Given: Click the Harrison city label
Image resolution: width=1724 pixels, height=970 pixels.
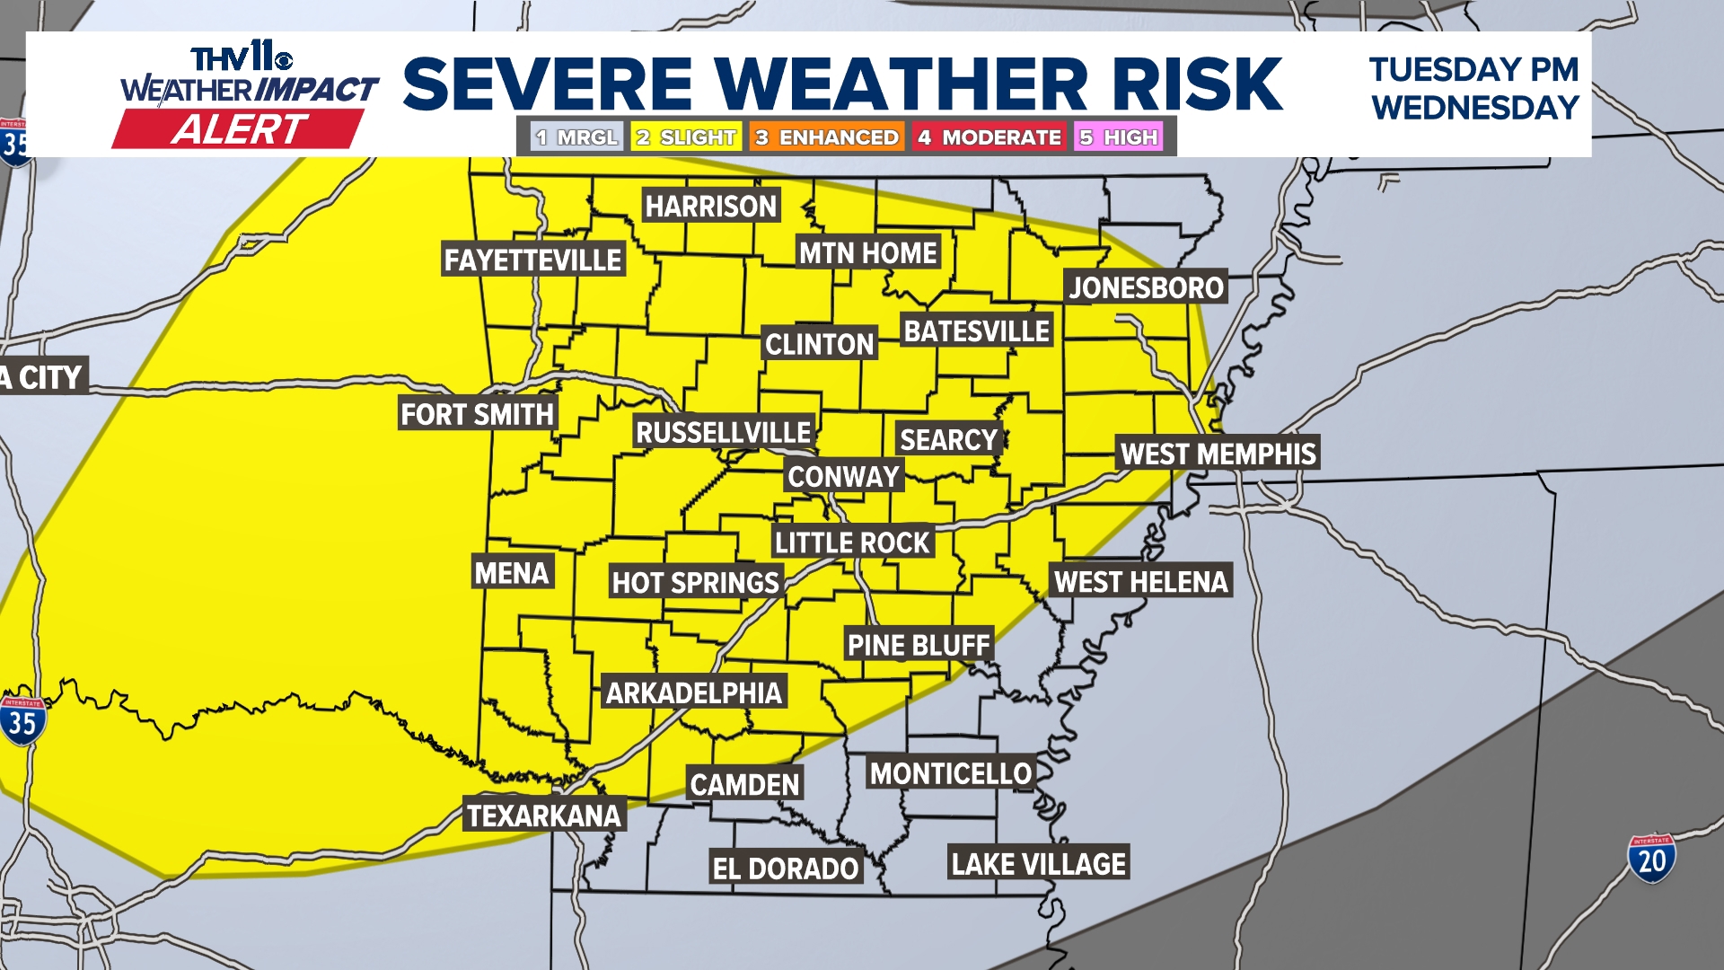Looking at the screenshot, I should [710, 207].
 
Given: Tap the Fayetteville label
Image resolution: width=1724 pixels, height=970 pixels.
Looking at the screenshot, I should [532, 260].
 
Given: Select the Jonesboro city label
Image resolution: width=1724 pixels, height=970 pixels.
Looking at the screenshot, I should [1146, 287].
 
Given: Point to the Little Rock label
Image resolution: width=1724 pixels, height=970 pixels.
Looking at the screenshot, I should [852, 542].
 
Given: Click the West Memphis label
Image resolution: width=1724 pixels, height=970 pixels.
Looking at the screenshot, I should [1218, 454].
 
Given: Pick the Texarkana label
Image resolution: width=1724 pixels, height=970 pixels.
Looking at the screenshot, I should [544, 816].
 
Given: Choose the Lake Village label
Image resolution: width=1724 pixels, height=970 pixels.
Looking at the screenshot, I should [1038, 864].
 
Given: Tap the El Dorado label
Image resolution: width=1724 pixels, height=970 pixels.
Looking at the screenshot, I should [786, 869].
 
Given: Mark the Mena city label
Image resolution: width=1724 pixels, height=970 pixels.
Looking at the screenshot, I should [512, 573].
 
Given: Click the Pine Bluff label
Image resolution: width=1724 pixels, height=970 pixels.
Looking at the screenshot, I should [919, 645].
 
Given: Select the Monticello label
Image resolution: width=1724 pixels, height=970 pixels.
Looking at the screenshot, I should [951, 773].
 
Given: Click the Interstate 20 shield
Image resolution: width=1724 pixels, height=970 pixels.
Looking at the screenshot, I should [1651, 860].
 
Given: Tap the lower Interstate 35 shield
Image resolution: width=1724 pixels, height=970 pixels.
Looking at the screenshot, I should [22, 721].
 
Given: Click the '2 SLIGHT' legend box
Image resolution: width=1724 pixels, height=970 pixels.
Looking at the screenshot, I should [686, 137].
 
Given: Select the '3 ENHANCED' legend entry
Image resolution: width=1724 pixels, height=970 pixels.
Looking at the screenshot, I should [827, 137].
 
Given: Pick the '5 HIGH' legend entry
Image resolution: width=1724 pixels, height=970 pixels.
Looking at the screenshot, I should [1119, 137].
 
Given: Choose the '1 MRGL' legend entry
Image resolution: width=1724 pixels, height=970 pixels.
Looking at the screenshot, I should [576, 137].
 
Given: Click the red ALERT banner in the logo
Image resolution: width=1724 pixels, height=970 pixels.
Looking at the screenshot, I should [239, 129].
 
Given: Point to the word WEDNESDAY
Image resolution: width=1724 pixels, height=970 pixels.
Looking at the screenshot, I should [1474, 109].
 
